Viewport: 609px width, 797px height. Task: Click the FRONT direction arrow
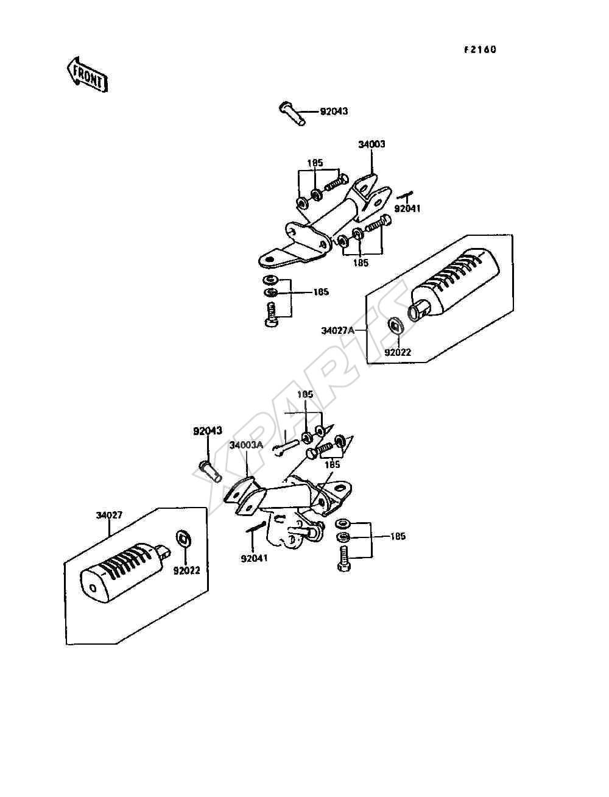pos(88,76)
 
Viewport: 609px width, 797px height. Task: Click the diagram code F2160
pos(480,50)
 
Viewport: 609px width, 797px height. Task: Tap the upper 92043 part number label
pos(334,111)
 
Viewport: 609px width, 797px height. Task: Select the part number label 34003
pos(371,144)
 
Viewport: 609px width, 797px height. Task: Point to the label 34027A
pos(337,330)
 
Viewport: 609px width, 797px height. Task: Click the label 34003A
pos(246,445)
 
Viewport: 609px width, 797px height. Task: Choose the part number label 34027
pos(109,515)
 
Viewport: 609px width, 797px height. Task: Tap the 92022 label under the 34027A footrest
pos(398,352)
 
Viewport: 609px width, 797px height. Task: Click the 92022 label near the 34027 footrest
pos(186,570)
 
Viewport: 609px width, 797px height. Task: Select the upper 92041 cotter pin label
pos(407,209)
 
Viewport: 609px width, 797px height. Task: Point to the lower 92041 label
pos(254,558)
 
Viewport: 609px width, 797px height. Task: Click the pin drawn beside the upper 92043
pos(292,114)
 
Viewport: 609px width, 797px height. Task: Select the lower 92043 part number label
pos(208,431)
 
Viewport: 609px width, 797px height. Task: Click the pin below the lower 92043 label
pos(210,472)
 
